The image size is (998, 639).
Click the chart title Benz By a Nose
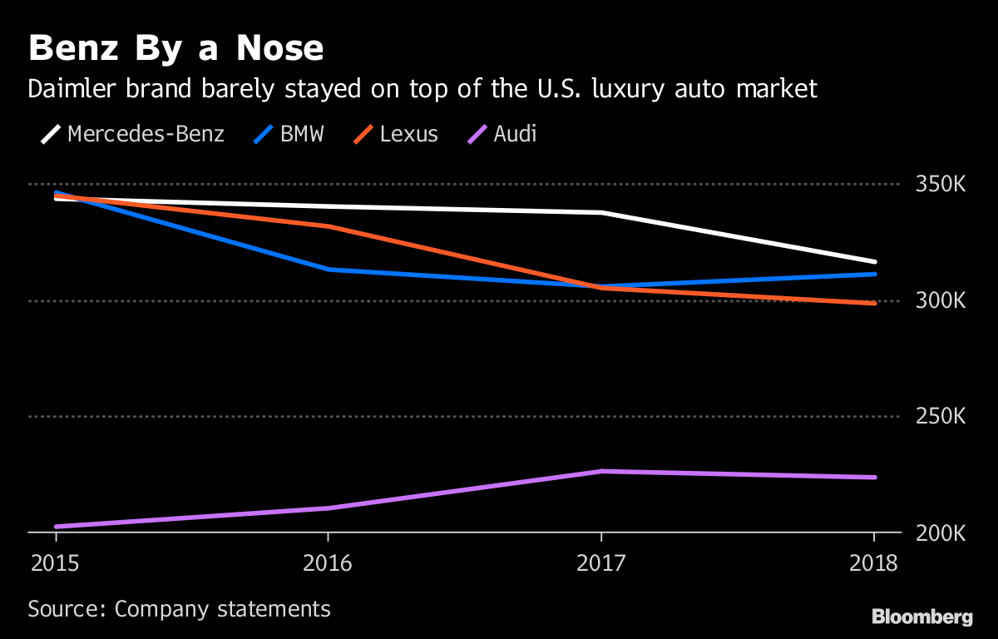point(175,49)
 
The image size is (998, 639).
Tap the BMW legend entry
point(287,134)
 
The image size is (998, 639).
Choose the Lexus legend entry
point(396,134)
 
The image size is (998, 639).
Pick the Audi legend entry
point(503,134)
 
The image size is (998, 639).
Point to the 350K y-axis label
point(940,184)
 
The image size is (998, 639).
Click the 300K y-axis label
point(940,300)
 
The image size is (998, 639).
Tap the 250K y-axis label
point(940,416)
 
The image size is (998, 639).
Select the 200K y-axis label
point(940,532)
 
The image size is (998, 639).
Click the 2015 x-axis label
point(55,563)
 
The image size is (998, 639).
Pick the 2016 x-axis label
point(328,563)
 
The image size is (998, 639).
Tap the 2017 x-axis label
point(601,563)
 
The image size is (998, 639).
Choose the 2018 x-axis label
point(874,563)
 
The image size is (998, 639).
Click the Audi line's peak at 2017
point(601,471)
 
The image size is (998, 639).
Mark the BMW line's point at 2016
point(329,270)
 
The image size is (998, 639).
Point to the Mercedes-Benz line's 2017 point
point(601,212)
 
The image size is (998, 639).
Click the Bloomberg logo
point(921,617)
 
